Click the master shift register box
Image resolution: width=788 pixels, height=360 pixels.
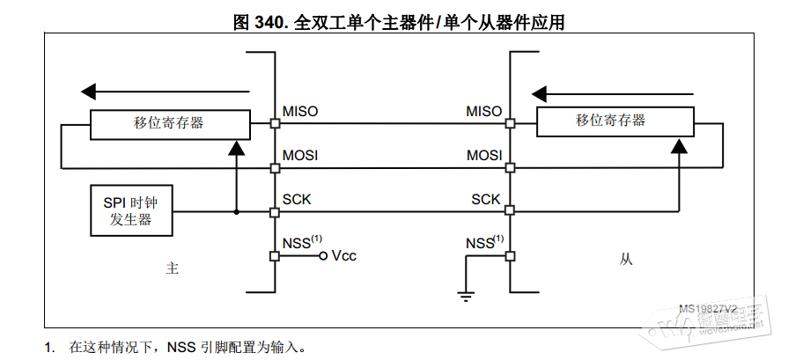point(169,123)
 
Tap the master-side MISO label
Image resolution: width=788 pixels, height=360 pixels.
point(300,112)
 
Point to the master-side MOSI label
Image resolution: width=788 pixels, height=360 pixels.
point(300,156)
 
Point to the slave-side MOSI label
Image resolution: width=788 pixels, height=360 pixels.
point(484,156)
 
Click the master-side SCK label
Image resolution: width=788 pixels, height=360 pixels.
point(297,200)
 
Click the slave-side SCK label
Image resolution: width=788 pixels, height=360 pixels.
point(486,200)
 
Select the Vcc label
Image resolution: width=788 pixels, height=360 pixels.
point(344,256)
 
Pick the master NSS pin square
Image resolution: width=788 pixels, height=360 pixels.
point(274,256)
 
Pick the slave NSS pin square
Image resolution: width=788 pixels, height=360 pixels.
point(510,256)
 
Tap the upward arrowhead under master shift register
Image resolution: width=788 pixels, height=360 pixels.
point(235,148)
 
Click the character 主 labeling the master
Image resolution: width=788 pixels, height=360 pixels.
point(173,268)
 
